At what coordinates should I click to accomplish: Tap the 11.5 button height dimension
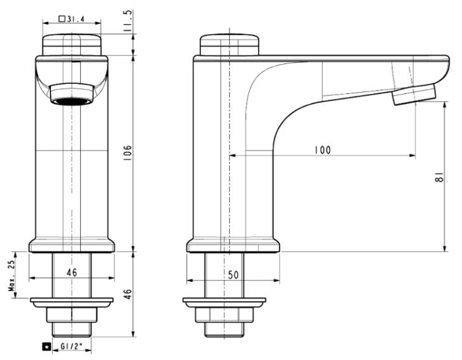(129, 21)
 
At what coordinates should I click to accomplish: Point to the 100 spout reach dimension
(323, 150)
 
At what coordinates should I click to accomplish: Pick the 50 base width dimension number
(233, 274)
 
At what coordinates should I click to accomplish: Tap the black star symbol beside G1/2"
(46, 347)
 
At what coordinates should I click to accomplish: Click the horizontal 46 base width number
(71, 272)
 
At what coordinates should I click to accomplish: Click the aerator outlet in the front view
(71, 100)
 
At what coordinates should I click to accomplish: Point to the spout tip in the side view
(414, 95)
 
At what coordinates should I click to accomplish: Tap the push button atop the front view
(71, 46)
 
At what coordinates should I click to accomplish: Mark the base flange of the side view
(233, 245)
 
